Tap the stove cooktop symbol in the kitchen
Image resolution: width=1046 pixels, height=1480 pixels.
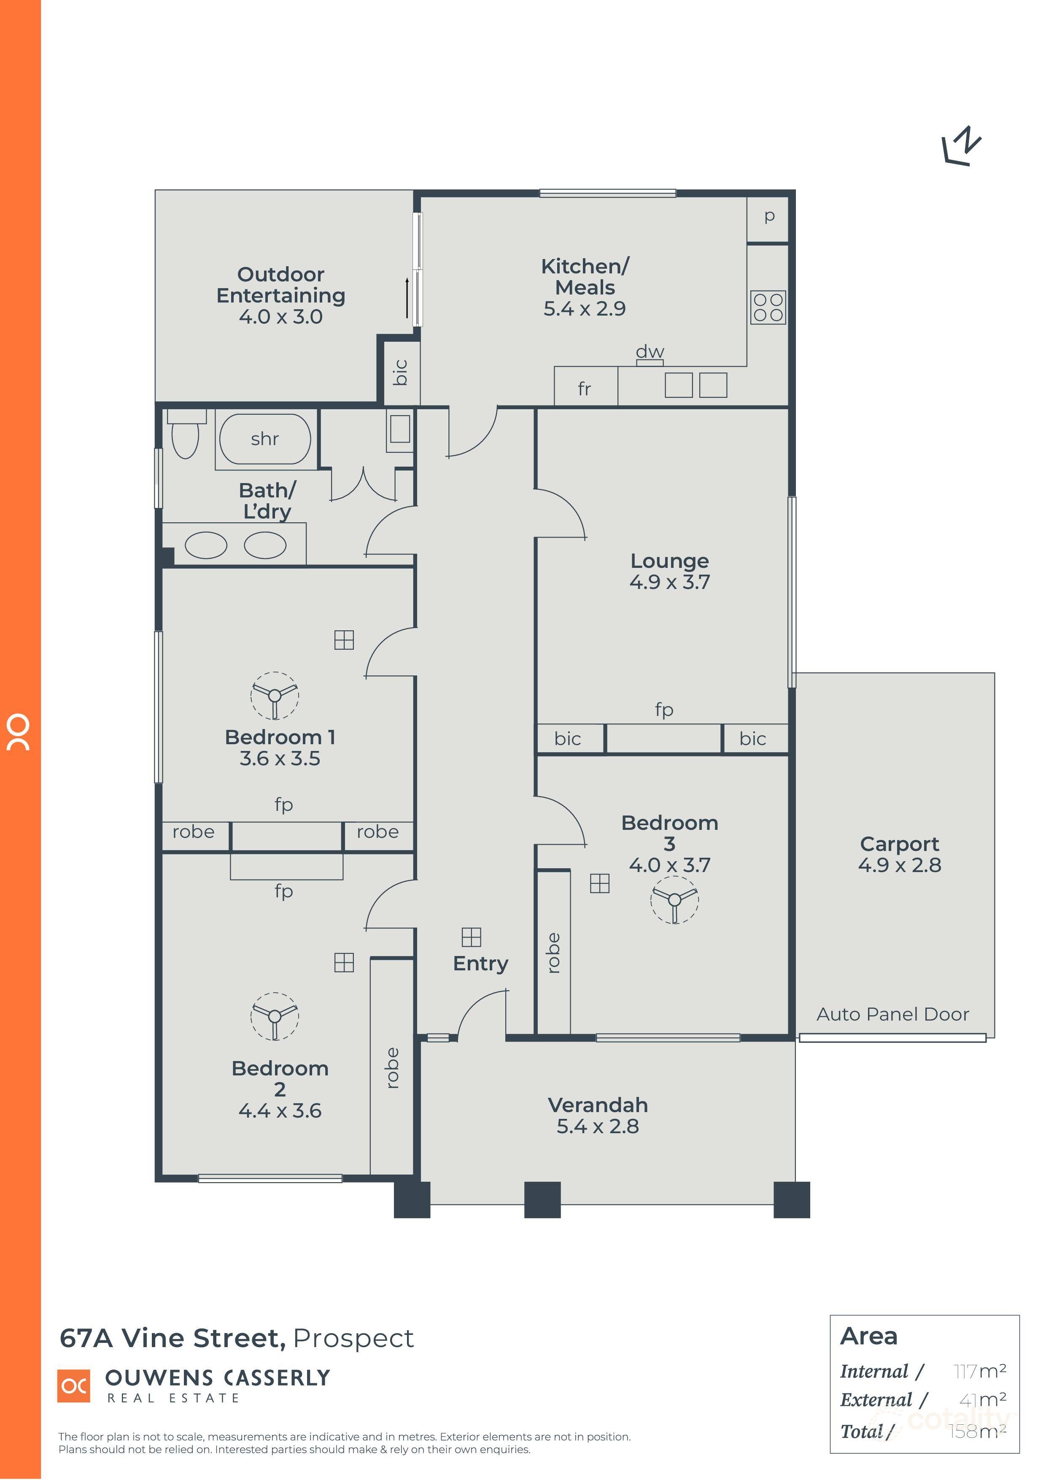point(768,308)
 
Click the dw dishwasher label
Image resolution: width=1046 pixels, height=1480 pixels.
point(650,352)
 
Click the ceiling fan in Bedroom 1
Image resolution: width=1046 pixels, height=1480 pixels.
point(275,696)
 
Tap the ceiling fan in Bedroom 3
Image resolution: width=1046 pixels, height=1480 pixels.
point(674,900)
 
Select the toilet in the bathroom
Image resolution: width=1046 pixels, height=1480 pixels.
point(186,436)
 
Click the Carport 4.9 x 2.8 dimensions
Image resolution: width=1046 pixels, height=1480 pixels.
point(899,865)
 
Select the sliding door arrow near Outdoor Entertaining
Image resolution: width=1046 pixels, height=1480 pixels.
point(407,298)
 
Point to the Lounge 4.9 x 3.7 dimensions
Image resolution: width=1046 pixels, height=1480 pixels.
point(670,582)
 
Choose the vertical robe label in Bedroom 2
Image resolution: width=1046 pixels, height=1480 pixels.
point(391,1068)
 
